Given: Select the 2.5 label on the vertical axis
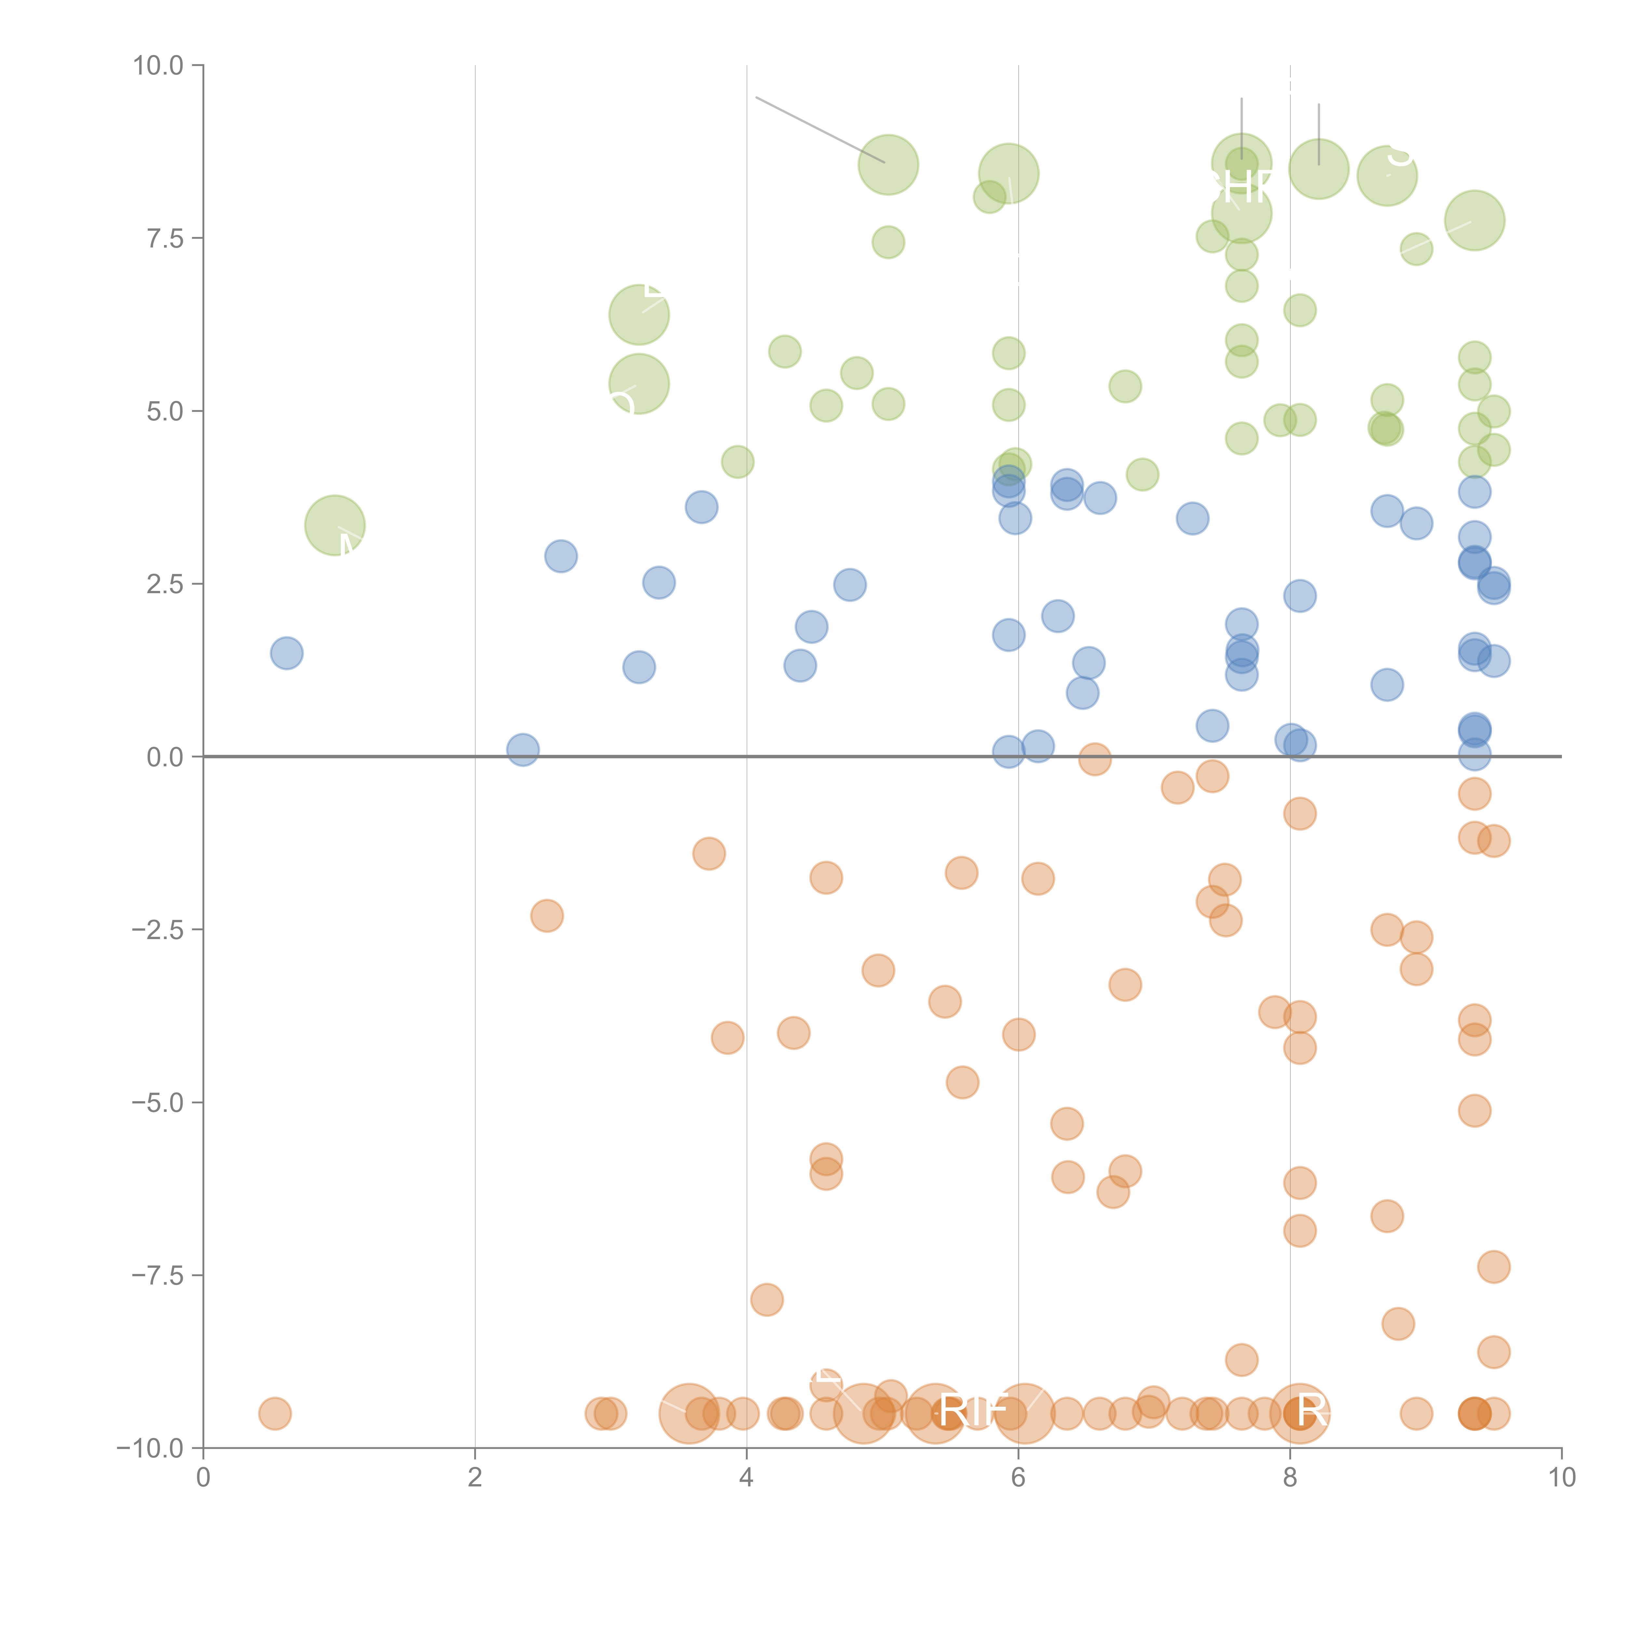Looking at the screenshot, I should coord(165,584).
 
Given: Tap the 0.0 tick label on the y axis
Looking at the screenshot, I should coord(165,757).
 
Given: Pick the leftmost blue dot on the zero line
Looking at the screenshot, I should coord(522,749).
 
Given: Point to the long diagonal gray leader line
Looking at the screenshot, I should coord(819,130).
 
